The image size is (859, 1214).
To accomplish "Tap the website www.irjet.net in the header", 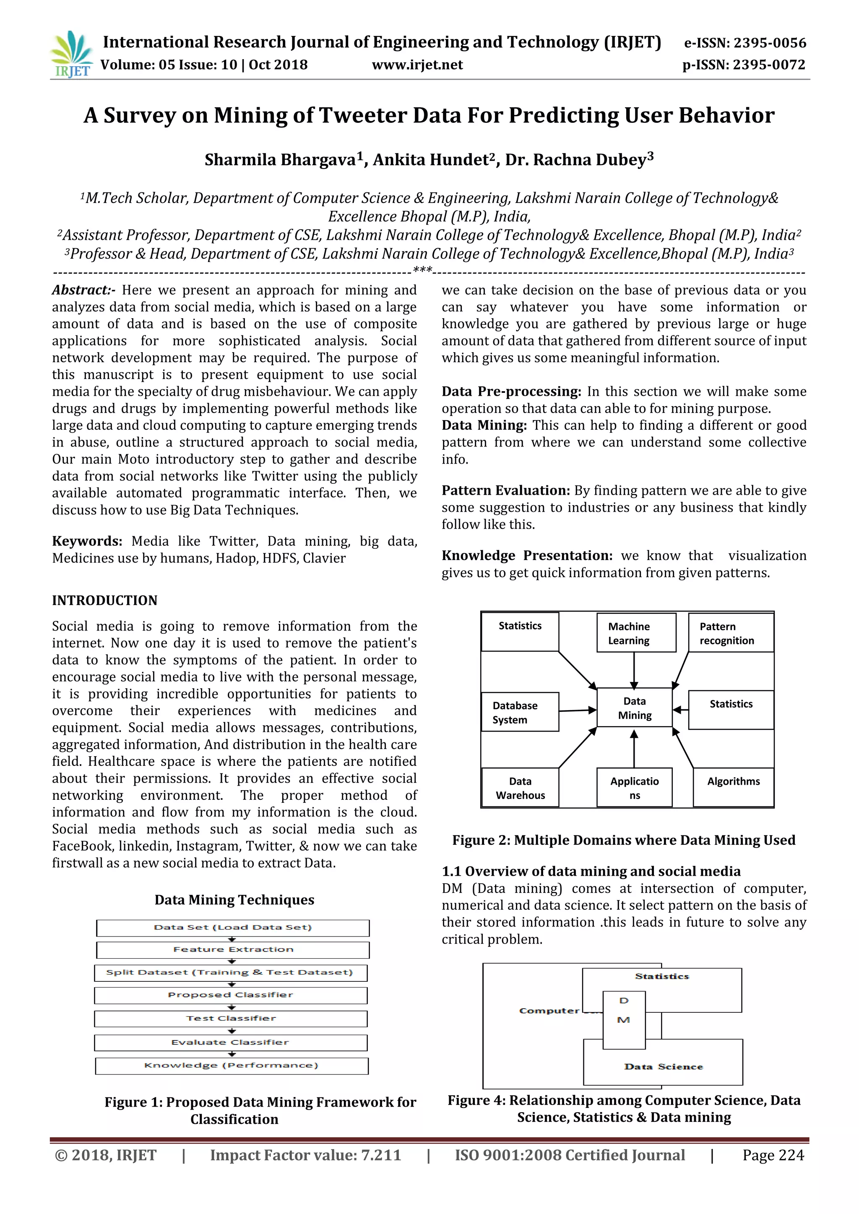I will tap(417, 65).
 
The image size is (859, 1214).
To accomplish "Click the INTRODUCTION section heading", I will tap(105, 601).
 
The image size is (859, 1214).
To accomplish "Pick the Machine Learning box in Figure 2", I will tap(636, 633).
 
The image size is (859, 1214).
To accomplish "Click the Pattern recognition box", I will tap(731, 633).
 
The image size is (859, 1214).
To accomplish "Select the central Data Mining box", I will tap(634, 708).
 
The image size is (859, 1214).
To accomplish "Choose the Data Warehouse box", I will tap(520, 788).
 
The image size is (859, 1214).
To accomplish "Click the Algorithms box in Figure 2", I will tap(733, 787).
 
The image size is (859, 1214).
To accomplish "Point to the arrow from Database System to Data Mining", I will tap(578, 711).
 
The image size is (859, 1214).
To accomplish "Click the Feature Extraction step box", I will tap(233, 949).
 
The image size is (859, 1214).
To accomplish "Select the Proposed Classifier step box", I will tap(231, 995).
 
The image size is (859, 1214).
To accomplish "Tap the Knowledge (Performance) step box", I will tap(232, 1066).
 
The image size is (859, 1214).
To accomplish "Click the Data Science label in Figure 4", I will tap(663, 1067).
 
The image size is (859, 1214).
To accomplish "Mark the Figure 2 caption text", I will tap(624, 840).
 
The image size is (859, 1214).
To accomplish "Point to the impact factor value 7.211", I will tap(381, 1155).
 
